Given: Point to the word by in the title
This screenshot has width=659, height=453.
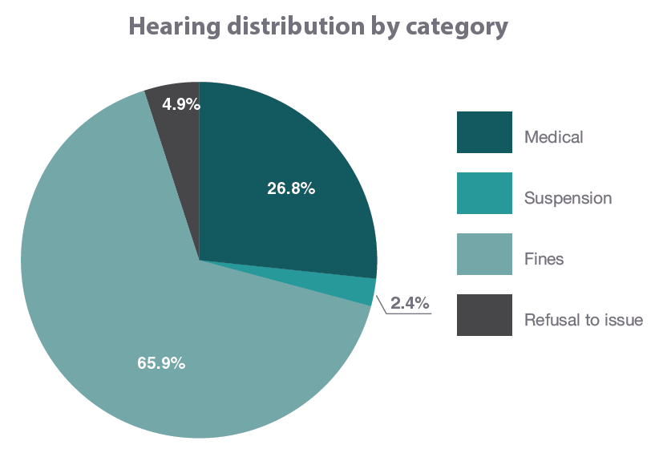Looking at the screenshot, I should tap(382, 26).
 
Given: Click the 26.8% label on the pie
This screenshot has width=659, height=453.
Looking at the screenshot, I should tap(290, 189).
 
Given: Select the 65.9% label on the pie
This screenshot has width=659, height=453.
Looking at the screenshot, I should tap(161, 363).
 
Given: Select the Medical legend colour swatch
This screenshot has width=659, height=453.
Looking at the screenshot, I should tap(484, 132).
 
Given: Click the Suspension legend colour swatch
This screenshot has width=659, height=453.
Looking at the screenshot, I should tap(484, 193).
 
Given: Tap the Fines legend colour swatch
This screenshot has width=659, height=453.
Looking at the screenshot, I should tap(484, 254).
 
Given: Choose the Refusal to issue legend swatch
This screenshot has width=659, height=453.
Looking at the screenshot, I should tap(484, 315).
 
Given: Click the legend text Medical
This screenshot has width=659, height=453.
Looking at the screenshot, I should tap(553, 137).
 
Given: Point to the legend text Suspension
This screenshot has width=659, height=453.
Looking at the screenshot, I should tap(568, 198).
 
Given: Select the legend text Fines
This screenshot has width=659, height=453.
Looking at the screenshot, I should tap(544, 259).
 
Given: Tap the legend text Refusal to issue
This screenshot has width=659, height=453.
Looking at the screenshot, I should tap(583, 320).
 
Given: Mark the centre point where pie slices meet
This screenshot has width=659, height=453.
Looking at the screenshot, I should tap(199, 260).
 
